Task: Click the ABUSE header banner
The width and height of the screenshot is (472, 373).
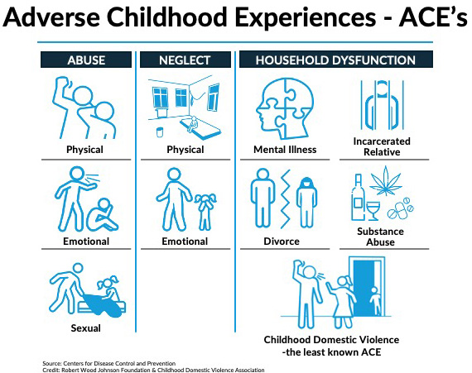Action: [x=85, y=60]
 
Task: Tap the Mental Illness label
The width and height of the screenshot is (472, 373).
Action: [x=286, y=150]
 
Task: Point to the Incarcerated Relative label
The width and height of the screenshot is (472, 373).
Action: [x=382, y=146]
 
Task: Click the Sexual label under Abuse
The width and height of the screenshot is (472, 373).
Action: [x=85, y=328]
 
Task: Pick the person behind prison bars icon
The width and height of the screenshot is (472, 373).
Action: [x=382, y=103]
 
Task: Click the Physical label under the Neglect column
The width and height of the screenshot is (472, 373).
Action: [x=185, y=150]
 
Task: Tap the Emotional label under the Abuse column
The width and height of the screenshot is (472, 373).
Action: [x=85, y=241]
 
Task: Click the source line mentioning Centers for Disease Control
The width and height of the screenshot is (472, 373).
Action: [x=111, y=362]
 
